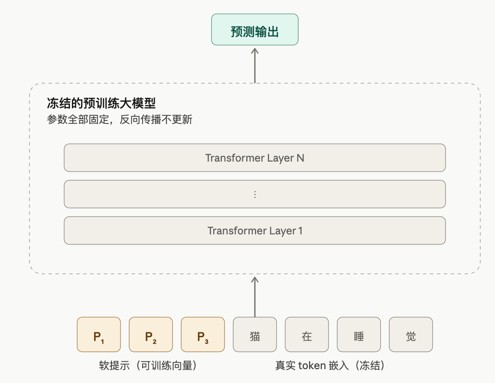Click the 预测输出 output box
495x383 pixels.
(x=255, y=29)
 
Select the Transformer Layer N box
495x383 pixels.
(x=255, y=158)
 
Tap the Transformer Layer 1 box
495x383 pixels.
(x=255, y=230)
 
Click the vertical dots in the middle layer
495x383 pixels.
(x=255, y=195)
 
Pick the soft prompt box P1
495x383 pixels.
(x=99, y=334)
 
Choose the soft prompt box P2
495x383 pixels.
(x=151, y=334)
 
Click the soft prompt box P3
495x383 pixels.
(x=203, y=334)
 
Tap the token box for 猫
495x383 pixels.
(x=255, y=334)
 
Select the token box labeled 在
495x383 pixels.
(x=307, y=334)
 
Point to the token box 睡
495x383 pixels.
(x=359, y=334)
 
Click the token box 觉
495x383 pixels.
(x=411, y=334)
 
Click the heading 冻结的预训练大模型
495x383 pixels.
(x=101, y=103)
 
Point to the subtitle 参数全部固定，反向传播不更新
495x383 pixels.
(x=120, y=120)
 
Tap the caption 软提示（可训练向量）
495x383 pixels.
(x=148, y=365)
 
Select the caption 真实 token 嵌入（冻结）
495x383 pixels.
(x=330, y=365)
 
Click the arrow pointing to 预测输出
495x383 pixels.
(x=255, y=65)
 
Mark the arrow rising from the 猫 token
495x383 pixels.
(x=255, y=297)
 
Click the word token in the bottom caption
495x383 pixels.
(x=312, y=365)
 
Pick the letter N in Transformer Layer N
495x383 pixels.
(x=300, y=158)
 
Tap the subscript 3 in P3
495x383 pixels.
(x=206, y=341)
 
